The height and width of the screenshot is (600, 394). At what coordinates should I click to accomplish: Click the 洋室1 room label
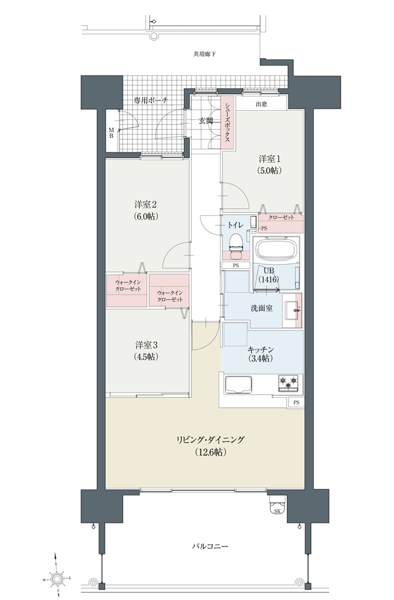tap(270, 159)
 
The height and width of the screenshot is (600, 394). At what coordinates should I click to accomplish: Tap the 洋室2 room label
tap(147, 204)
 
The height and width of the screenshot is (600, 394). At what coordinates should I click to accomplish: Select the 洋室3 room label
tap(147, 345)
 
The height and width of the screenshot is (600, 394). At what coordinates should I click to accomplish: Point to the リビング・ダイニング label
tap(210, 440)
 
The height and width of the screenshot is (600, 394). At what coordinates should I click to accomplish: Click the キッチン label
tap(261, 349)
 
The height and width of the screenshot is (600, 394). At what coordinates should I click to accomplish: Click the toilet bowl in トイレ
tap(237, 244)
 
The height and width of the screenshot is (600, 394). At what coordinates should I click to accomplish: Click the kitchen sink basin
tap(238, 384)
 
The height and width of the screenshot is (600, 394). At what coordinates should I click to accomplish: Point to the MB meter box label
tap(111, 133)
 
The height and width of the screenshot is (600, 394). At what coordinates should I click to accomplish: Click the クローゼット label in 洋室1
tap(281, 217)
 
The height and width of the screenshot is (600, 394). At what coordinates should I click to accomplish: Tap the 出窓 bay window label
tap(261, 104)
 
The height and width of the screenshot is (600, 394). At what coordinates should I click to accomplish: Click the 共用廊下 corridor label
tap(204, 54)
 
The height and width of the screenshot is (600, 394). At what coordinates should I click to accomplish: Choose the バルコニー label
tap(210, 546)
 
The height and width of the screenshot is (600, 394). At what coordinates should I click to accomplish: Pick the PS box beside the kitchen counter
tap(296, 403)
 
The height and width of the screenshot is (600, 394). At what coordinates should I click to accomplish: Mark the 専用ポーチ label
tap(151, 100)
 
